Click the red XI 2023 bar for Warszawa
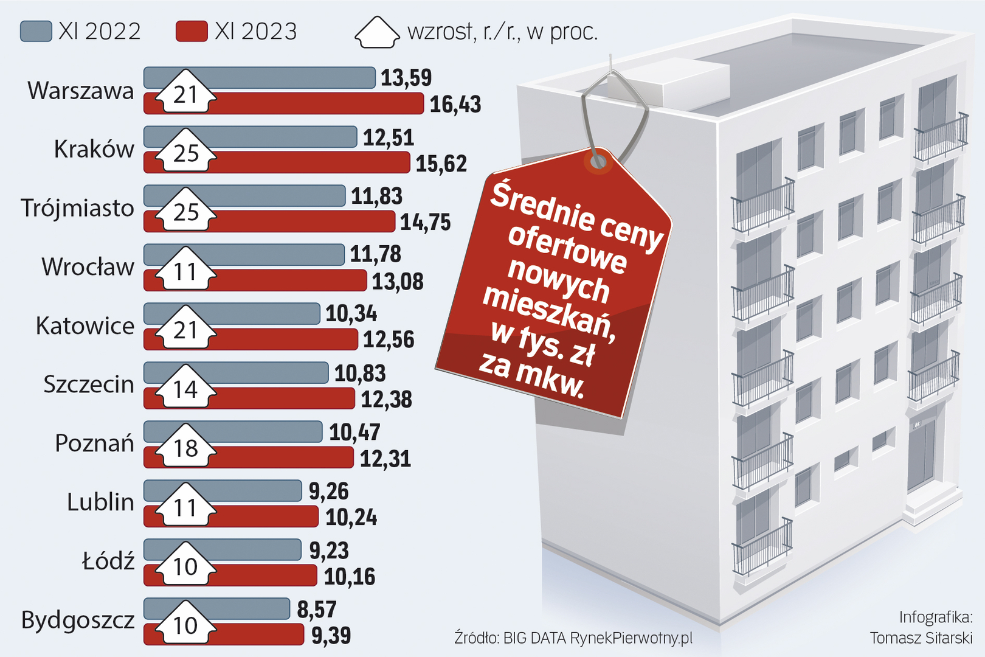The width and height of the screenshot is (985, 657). click(316, 104)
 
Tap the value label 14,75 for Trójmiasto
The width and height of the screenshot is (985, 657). click(425, 223)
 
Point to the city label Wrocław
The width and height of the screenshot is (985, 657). click(88, 267)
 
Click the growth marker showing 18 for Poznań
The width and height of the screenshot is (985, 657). click(185, 448)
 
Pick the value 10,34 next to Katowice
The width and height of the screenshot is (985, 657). click(351, 314)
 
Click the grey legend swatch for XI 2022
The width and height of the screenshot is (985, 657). click(36, 32)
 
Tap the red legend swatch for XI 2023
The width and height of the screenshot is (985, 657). click(192, 32)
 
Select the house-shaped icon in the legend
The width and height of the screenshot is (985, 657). click(377, 32)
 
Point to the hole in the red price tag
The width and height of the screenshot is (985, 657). click(598, 161)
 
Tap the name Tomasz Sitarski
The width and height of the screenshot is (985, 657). click(921, 638)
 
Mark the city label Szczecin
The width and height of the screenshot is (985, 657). click(88, 384)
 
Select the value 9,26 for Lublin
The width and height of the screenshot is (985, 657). click(328, 492)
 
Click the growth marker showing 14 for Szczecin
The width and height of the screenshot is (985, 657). click(185, 389)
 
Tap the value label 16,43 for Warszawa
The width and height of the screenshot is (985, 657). click(455, 105)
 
